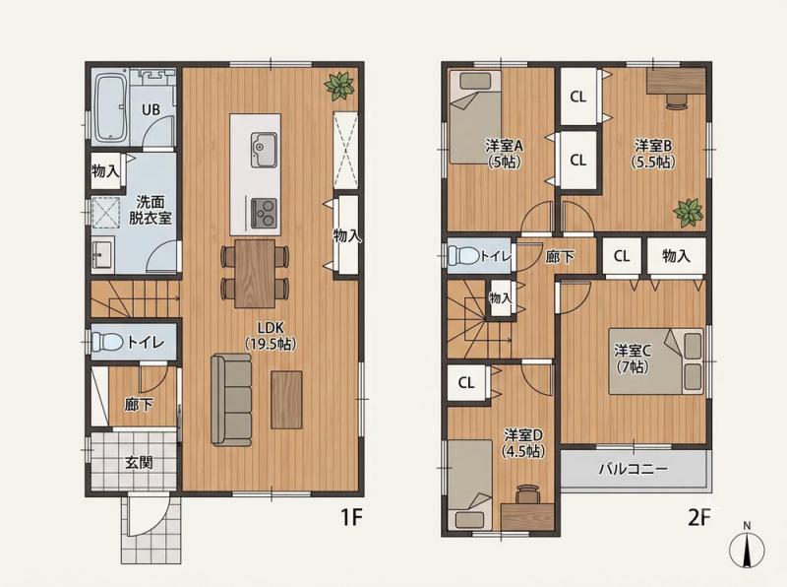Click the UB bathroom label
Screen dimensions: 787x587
pyautogui.click(x=151, y=109)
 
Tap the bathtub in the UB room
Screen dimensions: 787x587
pyautogui.click(x=110, y=107)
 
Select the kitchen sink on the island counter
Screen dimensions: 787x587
pyautogui.click(x=264, y=151)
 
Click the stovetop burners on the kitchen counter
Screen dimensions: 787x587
pyautogui.click(x=264, y=213)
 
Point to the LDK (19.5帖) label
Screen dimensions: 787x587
pyautogui.click(x=271, y=336)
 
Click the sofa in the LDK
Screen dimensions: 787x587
pyautogui.click(x=231, y=400)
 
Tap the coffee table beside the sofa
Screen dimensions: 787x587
pyautogui.click(x=286, y=400)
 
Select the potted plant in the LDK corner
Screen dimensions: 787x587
pyautogui.click(x=339, y=86)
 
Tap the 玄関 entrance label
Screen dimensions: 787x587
pyautogui.click(x=139, y=462)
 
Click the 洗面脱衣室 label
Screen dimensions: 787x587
pyautogui.click(x=151, y=210)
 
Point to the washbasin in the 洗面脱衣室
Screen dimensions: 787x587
pyautogui.click(x=103, y=253)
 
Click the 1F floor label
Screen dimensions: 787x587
pyautogui.click(x=351, y=517)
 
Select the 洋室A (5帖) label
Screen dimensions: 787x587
pyautogui.click(x=504, y=154)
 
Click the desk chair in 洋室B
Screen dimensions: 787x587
pyautogui.click(x=676, y=100)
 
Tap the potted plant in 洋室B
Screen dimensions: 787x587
pyautogui.click(x=688, y=212)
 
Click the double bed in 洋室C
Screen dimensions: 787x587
pyautogui.click(x=656, y=361)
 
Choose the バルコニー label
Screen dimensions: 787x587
pyautogui.click(x=634, y=470)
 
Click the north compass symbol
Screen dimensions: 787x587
pyautogui.click(x=747, y=547)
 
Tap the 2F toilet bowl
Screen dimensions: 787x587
pyautogui.click(x=463, y=255)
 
